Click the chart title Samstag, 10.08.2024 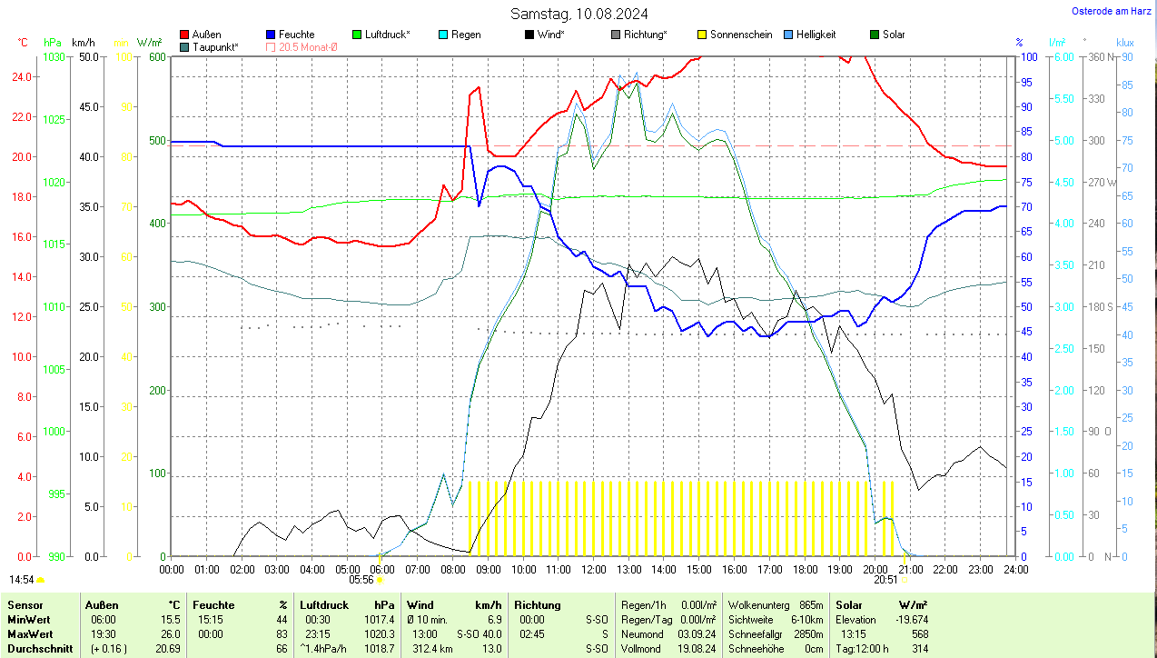coord(578,14)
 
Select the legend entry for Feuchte coord(296,35)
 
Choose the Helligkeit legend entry coord(816,35)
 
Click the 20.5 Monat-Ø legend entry coord(307,46)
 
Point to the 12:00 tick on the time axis coord(593,570)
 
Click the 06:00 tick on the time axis coord(382,570)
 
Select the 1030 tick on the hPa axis coord(54,56)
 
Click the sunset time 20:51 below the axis coord(885,579)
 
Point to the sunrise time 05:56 coord(361,579)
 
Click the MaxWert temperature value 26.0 coord(168,633)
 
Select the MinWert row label coord(28,619)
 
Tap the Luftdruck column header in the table coord(324,604)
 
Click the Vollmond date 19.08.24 coord(697,649)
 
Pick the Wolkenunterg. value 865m coord(811,604)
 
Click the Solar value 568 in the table coord(918,633)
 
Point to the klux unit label coord(1125,43)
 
